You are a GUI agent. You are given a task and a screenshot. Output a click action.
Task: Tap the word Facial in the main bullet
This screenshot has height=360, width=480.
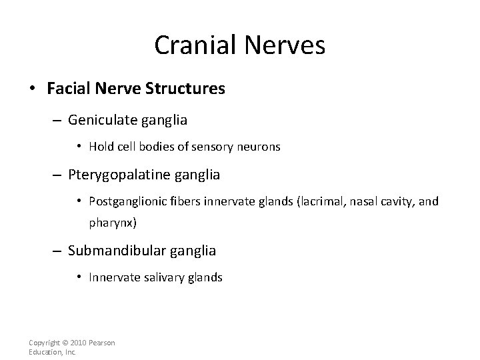click(65, 89)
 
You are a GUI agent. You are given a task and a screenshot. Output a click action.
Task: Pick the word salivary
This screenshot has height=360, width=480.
click(167, 277)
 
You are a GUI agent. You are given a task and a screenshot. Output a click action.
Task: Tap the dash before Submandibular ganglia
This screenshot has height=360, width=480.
click(57, 252)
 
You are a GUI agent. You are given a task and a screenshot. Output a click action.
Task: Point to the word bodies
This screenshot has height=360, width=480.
click(166, 147)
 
